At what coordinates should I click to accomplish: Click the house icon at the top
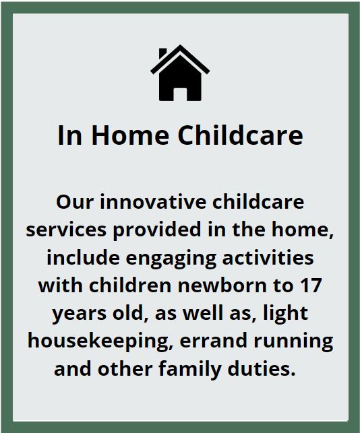tap(180, 73)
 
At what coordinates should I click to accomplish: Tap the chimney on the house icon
tap(162, 53)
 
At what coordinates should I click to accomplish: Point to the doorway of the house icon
tap(180, 94)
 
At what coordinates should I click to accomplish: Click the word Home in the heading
tap(130, 135)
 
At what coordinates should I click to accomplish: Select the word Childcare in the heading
tap(240, 135)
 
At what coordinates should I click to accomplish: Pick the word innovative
tap(153, 202)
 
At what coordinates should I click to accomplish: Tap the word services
tap(66, 230)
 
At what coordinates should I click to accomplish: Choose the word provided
tap(157, 230)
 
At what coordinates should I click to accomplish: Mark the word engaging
tap(171, 258)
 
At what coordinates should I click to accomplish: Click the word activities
tap(268, 257)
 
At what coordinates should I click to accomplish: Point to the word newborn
tap(222, 286)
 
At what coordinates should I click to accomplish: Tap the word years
tap(80, 314)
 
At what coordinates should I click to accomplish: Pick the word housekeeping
tap(100, 341)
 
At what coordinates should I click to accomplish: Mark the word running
tap(293, 342)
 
